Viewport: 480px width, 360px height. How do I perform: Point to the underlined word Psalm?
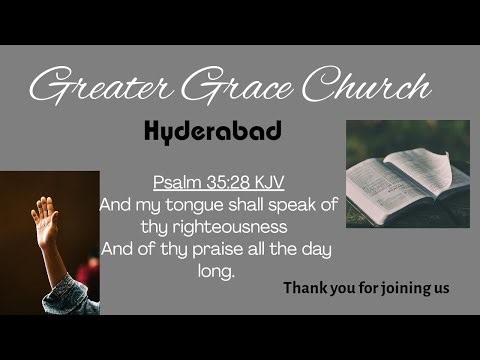coord(175,183)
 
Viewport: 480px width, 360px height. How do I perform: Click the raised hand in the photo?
coord(44,213)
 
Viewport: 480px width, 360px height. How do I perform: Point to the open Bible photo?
coord(407,173)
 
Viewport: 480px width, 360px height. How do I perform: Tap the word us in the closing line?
coord(441,288)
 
